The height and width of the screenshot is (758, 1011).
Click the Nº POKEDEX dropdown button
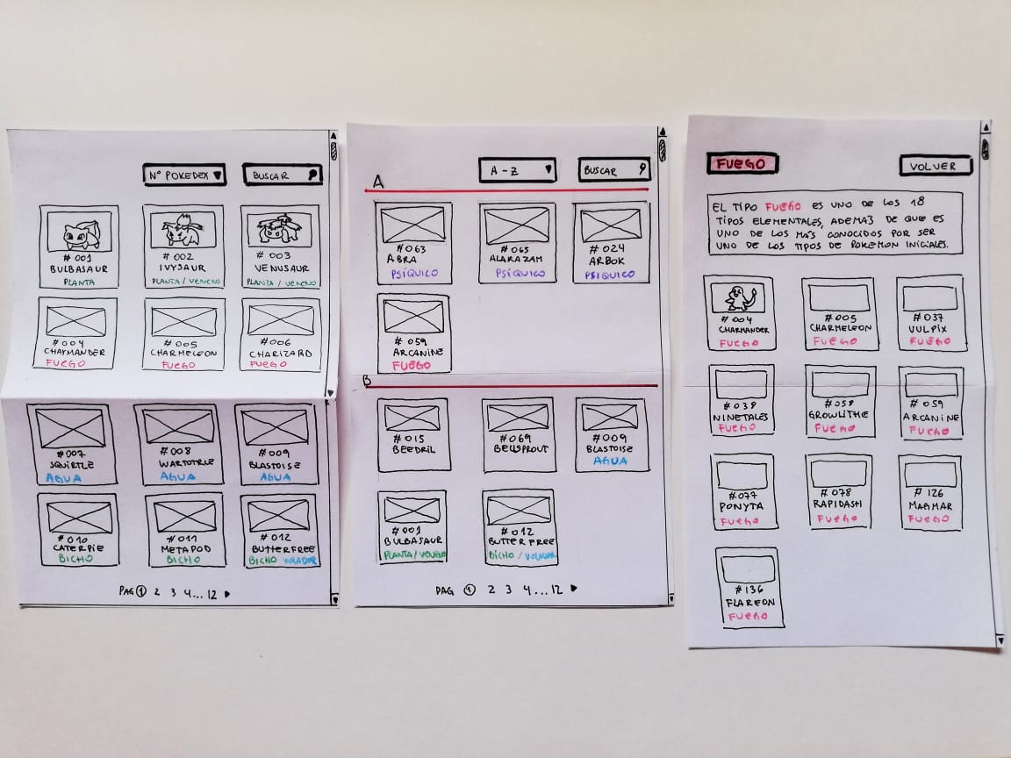point(184,175)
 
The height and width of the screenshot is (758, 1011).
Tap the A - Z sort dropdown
point(517,170)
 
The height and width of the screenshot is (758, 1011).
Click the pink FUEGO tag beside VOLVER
point(742,163)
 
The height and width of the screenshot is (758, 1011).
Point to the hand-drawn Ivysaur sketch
point(183,231)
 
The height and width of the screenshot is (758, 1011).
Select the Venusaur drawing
point(280,230)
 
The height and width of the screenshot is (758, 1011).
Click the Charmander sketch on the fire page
point(739,298)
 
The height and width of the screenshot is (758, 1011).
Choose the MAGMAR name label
point(929,506)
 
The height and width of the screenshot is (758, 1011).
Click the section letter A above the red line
point(378,181)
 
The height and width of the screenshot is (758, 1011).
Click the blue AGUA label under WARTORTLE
point(178,476)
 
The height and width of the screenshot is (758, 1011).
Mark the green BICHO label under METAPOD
point(183,559)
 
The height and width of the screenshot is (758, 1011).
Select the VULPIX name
point(929,329)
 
